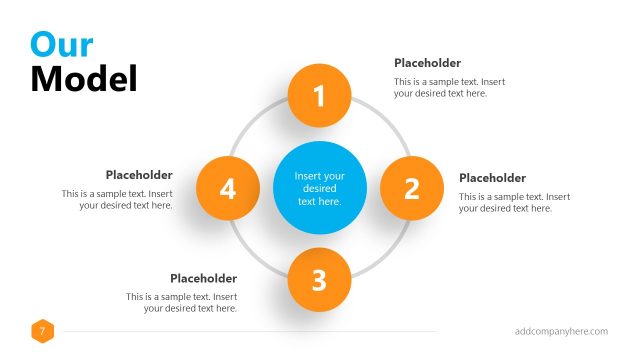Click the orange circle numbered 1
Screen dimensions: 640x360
coord(319,96)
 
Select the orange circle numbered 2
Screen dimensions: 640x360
coord(411,188)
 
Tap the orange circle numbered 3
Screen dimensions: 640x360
coord(319,280)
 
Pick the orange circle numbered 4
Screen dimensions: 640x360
coord(228,188)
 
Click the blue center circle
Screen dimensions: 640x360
coord(319,188)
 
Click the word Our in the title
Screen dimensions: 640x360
coord(62,44)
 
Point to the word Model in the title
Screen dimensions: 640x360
coord(84,78)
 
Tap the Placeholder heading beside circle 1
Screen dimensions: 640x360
coord(427,62)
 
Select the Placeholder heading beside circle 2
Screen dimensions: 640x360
coord(492,178)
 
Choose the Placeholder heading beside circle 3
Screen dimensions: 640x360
coord(203,278)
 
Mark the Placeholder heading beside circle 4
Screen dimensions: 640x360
coord(139,175)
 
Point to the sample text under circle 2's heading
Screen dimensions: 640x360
coord(514,202)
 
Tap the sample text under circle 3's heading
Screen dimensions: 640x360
coord(181,302)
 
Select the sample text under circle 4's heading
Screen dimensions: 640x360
coord(117,199)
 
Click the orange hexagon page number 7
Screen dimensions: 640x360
coord(43,331)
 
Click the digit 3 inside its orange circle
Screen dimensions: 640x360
coord(319,281)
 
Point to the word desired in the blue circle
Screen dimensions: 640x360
coord(319,188)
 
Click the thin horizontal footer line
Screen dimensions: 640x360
coord(250,331)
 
